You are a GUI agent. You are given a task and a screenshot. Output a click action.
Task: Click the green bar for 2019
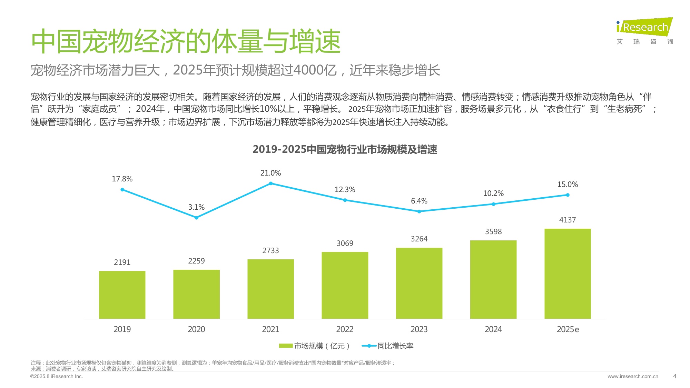(122, 295)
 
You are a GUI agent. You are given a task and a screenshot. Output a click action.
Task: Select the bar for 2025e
(568, 273)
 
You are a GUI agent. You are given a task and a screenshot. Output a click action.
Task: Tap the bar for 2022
(345, 285)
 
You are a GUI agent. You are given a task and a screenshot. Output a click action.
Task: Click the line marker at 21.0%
(271, 183)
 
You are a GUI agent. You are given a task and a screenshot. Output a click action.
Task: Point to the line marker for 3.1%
(196, 218)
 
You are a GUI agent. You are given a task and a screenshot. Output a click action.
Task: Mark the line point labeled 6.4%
(419, 211)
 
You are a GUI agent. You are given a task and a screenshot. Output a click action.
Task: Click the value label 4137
(568, 220)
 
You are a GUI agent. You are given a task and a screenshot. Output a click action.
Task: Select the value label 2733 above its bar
(270, 251)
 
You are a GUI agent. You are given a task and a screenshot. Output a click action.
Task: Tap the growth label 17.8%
(122, 179)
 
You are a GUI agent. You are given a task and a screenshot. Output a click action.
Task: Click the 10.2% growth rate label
(493, 193)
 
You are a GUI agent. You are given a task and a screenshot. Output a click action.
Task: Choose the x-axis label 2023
(419, 329)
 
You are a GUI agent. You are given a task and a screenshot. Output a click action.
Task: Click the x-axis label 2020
(196, 329)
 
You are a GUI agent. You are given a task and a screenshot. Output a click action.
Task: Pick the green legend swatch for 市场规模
(286, 346)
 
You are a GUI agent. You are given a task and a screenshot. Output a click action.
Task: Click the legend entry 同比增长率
(395, 346)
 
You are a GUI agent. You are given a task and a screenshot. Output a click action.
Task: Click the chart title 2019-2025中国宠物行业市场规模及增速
(345, 149)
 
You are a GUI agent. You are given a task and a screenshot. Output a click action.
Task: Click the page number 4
(674, 376)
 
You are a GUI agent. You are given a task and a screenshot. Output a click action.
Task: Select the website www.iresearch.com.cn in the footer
(633, 376)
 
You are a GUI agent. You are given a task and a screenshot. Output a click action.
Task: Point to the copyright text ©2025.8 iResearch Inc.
(57, 376)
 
